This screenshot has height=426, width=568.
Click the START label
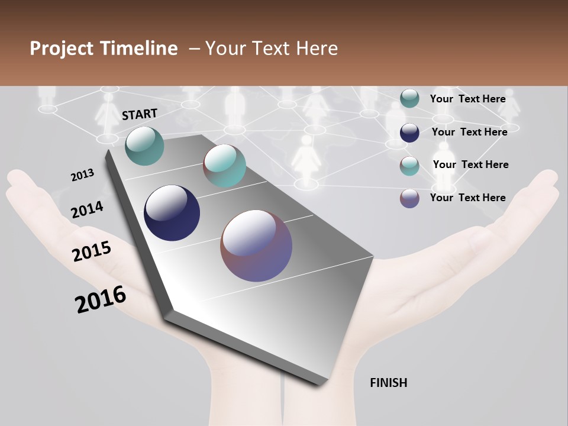point(140,114)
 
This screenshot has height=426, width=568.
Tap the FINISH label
point(388,383)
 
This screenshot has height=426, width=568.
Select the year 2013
point(82,175)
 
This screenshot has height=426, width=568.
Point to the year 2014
point(87,209)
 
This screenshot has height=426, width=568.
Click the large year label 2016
point(101,299)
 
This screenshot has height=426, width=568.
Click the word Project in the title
point(62,49)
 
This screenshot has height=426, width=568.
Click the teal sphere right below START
point(145,146)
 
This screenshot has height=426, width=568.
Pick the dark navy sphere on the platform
point(172,213)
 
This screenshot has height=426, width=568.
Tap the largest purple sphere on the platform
point(256,246)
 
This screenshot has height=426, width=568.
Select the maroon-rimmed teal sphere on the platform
point(224,166)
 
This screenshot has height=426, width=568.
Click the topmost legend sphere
point(409,99)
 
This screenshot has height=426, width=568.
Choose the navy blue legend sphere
point(409,133)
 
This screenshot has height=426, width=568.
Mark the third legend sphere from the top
point(409,166)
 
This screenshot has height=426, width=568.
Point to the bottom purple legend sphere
point(409,199)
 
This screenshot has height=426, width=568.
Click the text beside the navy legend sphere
point(469,132)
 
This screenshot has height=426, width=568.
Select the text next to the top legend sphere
point(467,99)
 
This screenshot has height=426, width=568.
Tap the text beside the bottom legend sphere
point(467,198)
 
